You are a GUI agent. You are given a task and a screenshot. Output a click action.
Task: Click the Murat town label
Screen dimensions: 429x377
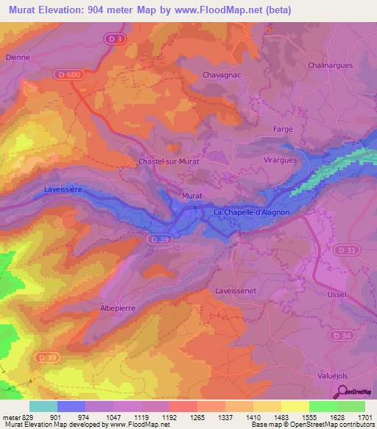pos(191,196)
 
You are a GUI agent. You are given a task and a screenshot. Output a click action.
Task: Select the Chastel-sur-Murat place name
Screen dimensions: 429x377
pos(169,161)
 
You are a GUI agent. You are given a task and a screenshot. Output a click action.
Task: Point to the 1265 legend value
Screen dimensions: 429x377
pos(197,416)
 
